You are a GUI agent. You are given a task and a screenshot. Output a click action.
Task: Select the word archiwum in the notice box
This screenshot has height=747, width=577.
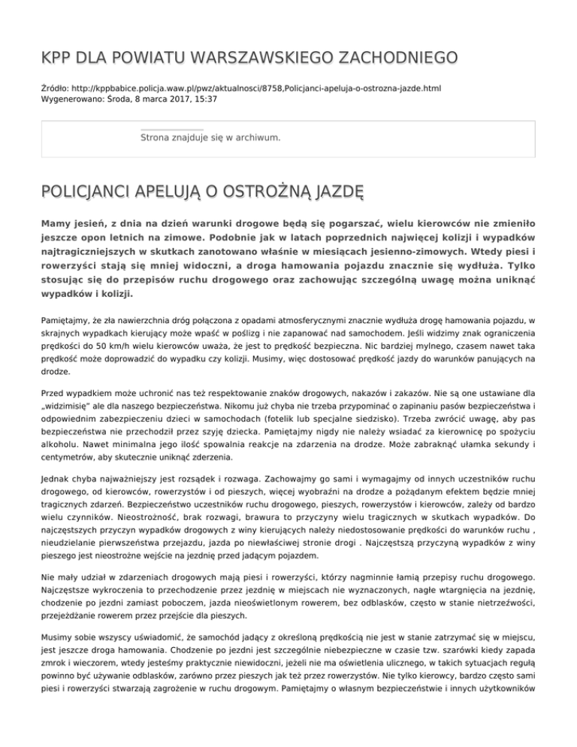tap(255, 138)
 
